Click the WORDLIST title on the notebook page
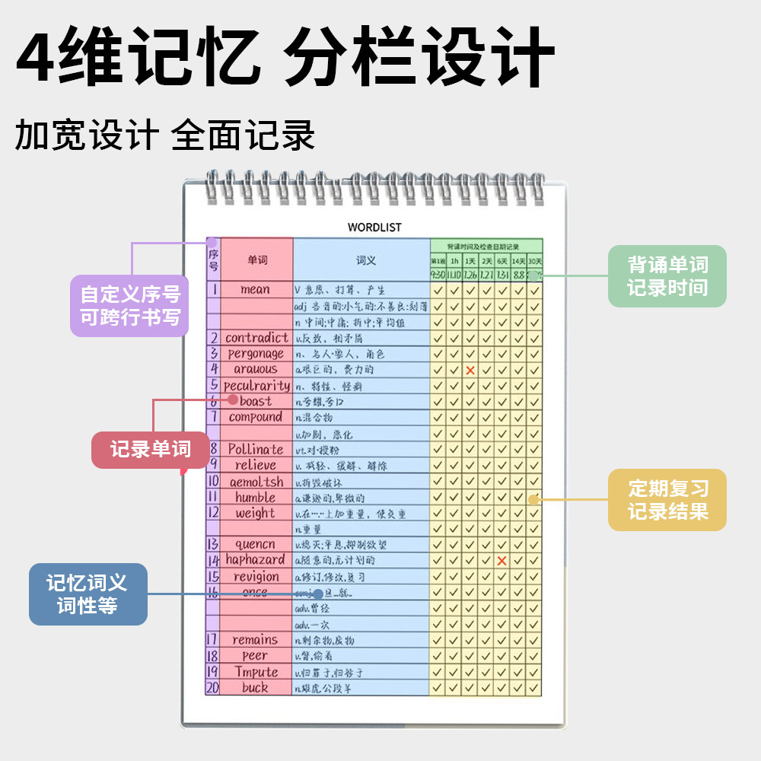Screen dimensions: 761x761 [x=374, y=227]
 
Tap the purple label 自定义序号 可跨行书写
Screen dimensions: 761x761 [x=129, y=305]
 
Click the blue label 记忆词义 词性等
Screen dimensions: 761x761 [x=88, y=594]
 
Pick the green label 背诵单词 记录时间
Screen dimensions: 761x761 [x=667, y=276]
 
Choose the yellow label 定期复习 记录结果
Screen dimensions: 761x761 [x=667, y=499]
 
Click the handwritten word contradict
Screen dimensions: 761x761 [x=256, y=337]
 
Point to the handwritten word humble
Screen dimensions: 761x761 [x=255, y=497]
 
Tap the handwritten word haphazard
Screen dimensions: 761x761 [x=255, y=559]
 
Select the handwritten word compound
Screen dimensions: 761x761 [x=256, y=417]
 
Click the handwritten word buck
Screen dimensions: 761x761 [x=255, y=687]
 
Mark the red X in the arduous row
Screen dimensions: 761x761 [x=470, y=370]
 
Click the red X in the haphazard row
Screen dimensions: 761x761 [x=501, y=561]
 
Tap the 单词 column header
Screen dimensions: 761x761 [x=257, y=260]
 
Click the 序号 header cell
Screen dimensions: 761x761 [x=213, y=260]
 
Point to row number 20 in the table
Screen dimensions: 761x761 [x=212, y=687]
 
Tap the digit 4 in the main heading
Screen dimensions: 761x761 [x=38, y=58]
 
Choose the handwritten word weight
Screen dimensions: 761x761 [x=255, y=513]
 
